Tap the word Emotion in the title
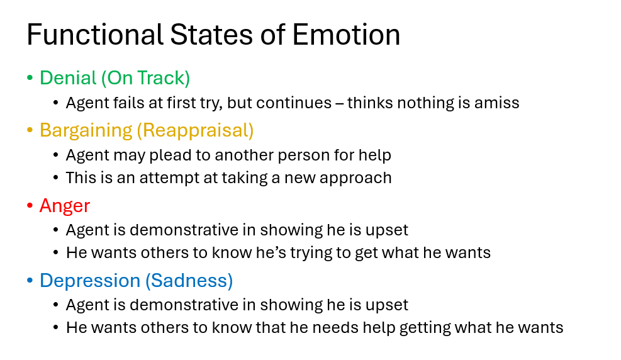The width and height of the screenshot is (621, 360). point(346,35)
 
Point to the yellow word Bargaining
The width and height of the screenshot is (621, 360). point(86,130)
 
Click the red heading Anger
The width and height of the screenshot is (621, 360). point(65,205)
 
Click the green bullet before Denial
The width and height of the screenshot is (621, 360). point(30,79)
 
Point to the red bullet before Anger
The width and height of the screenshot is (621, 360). point(30,206)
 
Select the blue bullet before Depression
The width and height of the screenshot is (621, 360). point(30,281)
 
